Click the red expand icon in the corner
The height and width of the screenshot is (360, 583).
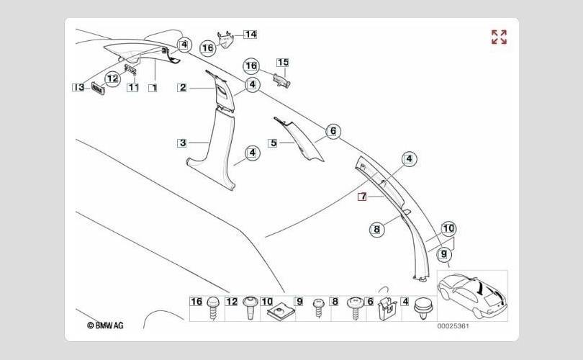click(499, 37)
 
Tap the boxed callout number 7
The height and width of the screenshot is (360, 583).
click(363, 196)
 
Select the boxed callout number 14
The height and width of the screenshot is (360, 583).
click(250, 34)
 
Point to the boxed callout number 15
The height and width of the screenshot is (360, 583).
click(282, 63)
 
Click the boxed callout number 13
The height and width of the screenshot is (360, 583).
click(78, 87)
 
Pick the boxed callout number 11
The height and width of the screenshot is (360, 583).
click(133, 87)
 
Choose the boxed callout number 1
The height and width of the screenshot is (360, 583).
click(153, 87)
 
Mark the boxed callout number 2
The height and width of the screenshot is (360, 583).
click(183, 87)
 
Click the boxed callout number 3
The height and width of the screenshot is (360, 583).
click(183, 143)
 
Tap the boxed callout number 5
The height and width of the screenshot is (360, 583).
click(273, 143)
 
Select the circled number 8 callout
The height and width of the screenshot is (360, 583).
click(376, 230)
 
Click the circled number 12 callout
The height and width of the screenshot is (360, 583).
click(112, 78)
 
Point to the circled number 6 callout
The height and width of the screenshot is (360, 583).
click(333, 131)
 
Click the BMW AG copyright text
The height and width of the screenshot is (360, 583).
click(105, 325)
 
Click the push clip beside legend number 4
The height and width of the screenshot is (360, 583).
click(422, 310)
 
